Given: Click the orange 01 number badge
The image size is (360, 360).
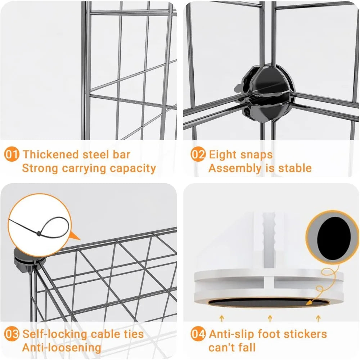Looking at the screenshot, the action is point(12,154).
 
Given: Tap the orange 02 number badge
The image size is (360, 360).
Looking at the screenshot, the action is point(198,154).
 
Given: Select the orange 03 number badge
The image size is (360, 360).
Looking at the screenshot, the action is point(12,334).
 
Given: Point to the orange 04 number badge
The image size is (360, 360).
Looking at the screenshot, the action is point(198,334).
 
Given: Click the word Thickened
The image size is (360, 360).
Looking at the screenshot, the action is point(51,154).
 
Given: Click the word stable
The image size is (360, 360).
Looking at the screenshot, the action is point(295,168).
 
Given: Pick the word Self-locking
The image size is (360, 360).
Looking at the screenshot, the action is point(55,334).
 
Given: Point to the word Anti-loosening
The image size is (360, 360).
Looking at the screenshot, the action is point(62,348).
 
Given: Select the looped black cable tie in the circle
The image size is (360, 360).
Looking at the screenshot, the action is point(39,226).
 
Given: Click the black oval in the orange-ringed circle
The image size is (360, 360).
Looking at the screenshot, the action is point(334,237).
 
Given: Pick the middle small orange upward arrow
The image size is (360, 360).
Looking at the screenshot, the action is point(270,319).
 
